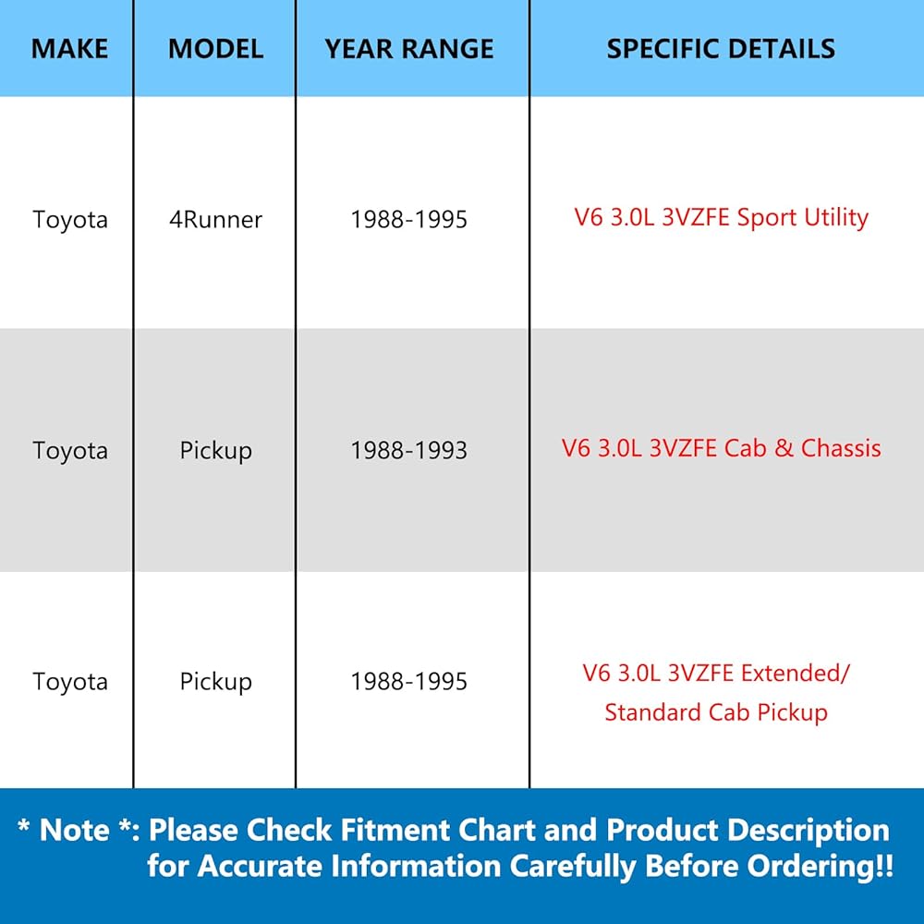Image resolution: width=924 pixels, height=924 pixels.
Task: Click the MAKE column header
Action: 69,48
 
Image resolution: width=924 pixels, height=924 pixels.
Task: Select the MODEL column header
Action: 215,48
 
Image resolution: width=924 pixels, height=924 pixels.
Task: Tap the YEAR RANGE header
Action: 409,48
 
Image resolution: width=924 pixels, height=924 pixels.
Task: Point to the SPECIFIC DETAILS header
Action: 721,48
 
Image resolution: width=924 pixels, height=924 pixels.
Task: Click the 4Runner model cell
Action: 215,219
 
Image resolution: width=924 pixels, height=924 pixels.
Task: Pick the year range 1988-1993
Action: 409,450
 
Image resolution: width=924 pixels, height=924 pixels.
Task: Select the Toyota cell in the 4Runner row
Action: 70,219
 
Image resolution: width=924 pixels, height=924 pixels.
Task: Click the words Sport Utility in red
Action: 803,217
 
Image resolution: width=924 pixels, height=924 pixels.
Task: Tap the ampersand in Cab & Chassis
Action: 784,448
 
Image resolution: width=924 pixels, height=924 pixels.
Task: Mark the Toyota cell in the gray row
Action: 70,450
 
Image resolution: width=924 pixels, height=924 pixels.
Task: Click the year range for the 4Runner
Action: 409,219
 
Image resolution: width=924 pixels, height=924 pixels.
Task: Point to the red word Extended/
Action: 795,673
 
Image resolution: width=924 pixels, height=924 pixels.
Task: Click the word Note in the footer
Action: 74,831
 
